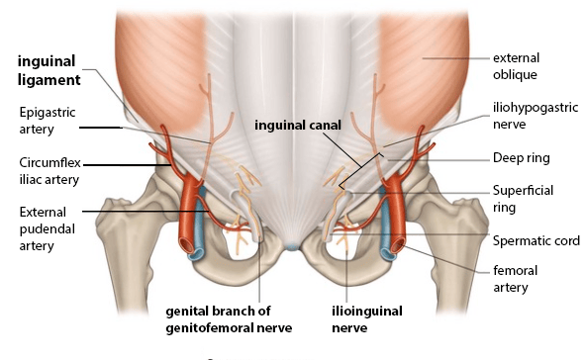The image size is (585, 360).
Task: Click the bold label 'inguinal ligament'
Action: (x=49, y=71)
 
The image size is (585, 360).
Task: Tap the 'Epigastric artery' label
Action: (x=48, y=121)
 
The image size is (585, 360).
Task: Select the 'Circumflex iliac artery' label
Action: (x=50, y=171)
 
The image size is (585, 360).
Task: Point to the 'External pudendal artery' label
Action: (x=47, y=228)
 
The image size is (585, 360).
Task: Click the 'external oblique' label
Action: (x=516, y=66)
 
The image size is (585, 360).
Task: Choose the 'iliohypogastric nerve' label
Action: (x=536, y=116)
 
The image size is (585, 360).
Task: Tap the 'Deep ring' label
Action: (x=522, y=158)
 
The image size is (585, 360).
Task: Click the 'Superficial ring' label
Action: (x=523, y=199)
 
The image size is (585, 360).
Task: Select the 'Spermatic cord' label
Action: (x=536, y=240)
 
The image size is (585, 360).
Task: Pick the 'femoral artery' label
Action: (x=516, y=279)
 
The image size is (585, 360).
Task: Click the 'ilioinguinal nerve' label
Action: (x=367, y=319)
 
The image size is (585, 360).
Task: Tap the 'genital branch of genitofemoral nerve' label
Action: (x=229, y=319)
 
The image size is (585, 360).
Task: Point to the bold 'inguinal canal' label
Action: (x=298, y=126)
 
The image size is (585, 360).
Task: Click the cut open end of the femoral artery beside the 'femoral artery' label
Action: (x=398, y=245)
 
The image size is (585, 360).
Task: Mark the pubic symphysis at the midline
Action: (x=292, y=246)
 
